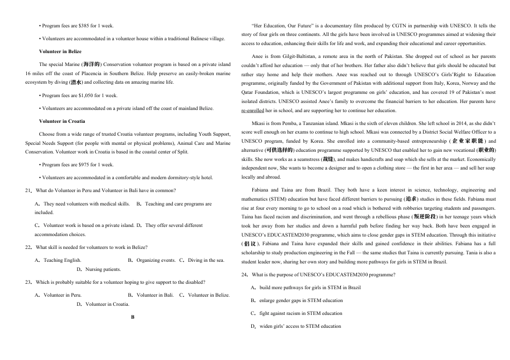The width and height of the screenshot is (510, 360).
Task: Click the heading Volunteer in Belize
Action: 60,52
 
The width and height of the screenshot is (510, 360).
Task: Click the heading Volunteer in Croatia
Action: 62,121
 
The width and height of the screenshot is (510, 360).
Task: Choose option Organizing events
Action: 156,260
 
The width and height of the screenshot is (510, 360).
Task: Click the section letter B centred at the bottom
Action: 133,317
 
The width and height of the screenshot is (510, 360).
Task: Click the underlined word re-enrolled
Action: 253,111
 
